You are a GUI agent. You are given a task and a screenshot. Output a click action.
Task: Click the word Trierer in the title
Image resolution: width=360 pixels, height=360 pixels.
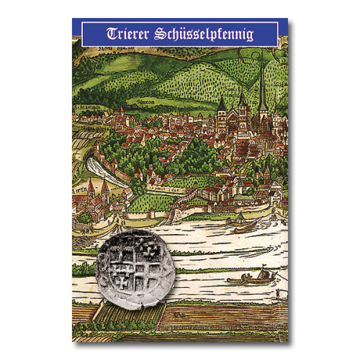point(128,34)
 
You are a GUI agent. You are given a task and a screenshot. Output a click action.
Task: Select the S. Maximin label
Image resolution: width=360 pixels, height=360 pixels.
point(86,108)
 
